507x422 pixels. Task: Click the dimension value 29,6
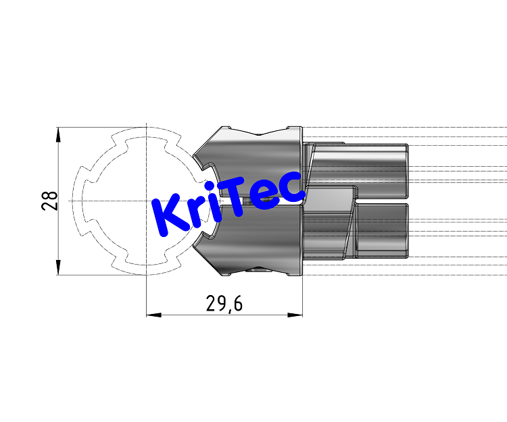click(x=224, y=305)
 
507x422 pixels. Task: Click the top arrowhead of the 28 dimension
click(x=58, y=133)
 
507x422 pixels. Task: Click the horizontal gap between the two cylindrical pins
click(x=382, y=201)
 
